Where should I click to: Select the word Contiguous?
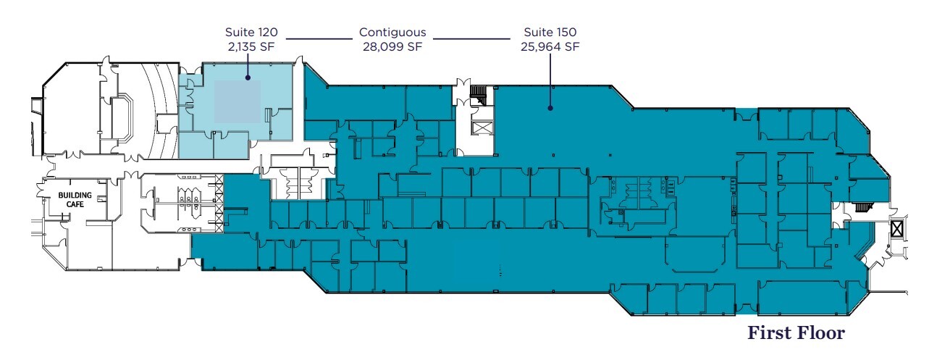(392, 33)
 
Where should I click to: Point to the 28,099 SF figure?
(392, 47)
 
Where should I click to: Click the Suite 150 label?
(550, 33)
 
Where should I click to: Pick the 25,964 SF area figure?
(550, 47)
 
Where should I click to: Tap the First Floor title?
(796, 334)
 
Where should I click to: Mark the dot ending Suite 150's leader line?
(550, 109)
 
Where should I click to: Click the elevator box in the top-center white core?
(480, 128)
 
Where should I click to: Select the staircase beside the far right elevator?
(861, 208)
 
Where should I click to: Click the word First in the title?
(769, 334)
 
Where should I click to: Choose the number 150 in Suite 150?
(566, 33)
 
